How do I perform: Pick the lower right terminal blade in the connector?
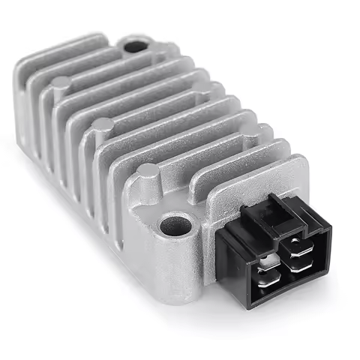click(x=298, y=265)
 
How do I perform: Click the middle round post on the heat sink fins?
click(x=103, y=124)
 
